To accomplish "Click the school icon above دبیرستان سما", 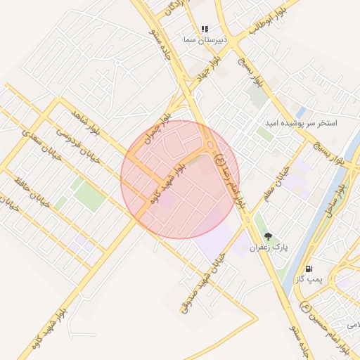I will coord(205,29).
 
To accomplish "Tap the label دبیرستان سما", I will coord(205,40).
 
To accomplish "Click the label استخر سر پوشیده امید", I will coord(300,123).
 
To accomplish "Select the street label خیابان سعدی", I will coord(43,144).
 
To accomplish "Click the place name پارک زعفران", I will coord(267,248).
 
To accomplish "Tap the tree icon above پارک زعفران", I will coord(267,236).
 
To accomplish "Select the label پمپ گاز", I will coord(309,280).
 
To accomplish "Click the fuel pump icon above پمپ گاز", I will coord(309,269).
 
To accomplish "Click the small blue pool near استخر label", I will coord(301,112).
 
